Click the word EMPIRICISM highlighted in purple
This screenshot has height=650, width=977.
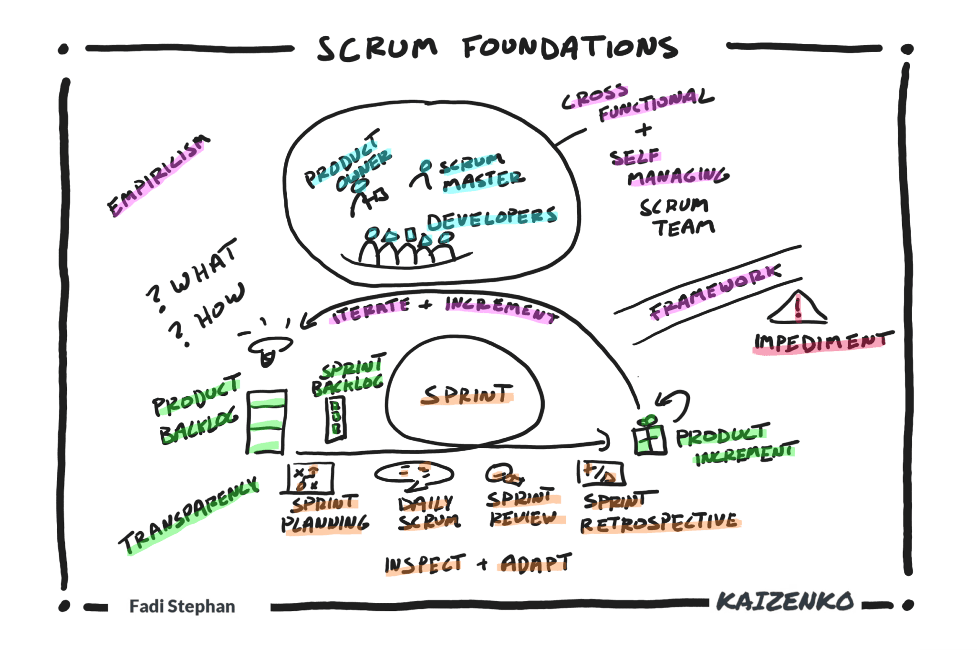(x=157, y=175)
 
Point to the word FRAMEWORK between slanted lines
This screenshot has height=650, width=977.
(x=715, y=292)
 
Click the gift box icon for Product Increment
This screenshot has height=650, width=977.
(x=649, y=437)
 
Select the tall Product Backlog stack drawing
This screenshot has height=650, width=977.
(x=266, y=423)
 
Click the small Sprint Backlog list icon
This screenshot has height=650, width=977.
(x=336, y=418)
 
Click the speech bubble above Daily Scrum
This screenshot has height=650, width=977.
(x=414, y=475)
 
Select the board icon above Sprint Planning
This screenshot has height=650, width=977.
(x=311, y=477)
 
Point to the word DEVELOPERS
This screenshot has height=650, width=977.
(x=491, y=218)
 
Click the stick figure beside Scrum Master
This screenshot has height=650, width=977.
(x=422, y=175)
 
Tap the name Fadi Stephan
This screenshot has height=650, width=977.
(x=182, y=606)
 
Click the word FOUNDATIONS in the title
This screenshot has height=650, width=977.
(x=570, y=48)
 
